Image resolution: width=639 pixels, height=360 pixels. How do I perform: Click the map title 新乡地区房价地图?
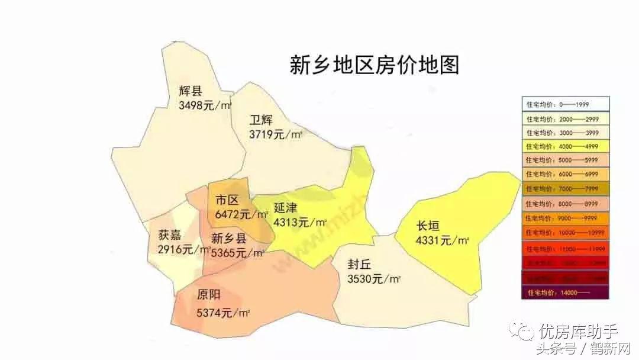pyautogui.click(x=374, y=65)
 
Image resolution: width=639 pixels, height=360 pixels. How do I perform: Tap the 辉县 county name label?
pyautogui.click(x=191, y=91)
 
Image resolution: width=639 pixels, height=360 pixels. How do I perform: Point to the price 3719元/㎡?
pyautogui.click(x=276, y=134)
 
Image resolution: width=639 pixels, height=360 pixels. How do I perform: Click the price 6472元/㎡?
pyautogui.click(x=241, y=214)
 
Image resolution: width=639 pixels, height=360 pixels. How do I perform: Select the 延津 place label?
pyautogui.click(x=285, y=208)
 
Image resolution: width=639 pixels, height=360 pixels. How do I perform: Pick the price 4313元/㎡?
pyautogui.click(x=300, y=223)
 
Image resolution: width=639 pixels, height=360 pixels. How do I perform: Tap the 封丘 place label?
pyautogui.click(x=360, y=265)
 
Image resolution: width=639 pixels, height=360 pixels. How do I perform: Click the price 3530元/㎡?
pyautogui.click(x=374, y=279)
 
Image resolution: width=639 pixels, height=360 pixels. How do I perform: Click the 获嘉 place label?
pyautogui.click(x=169, y=234)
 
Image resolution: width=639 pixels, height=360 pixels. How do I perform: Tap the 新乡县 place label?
pyautogui.click(x=229, y=239)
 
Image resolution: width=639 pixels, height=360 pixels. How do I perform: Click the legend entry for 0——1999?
pyautogui.click(x=566, y=104)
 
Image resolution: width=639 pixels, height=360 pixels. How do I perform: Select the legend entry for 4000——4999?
pyautogui.click(x=566, y=146)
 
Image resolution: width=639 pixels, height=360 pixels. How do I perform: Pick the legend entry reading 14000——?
pyautogui.click(x=566, y=292)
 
